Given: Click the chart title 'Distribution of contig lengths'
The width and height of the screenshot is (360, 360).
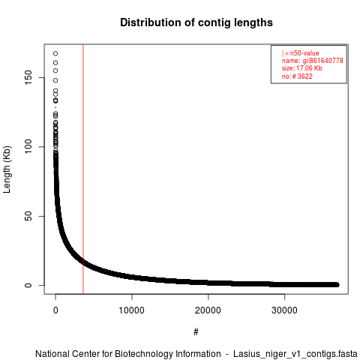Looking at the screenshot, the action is (196, 22).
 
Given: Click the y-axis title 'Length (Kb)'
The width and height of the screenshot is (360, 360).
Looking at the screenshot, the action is (7, 169).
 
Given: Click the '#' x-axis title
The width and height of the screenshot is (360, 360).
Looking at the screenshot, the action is (196, 331).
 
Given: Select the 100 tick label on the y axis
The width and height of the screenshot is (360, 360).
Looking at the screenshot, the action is (28, 147).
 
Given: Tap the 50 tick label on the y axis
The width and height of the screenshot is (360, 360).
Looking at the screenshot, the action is (28, 216).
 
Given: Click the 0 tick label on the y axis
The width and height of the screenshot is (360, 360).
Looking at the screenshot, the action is (28, 285).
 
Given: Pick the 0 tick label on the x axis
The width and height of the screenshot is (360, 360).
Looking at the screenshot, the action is (55, 310).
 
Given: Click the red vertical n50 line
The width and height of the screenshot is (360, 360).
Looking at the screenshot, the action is (83, 169).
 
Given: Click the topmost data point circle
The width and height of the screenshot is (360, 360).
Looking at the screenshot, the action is (55, 53).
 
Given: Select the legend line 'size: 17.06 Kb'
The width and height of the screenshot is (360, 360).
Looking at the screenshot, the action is (302, 68).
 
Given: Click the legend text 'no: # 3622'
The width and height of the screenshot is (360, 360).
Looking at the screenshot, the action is (297, 76).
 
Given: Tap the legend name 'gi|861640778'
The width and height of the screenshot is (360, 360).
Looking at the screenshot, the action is (323, 61).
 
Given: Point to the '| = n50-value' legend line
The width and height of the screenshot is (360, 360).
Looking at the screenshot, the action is (301, 53).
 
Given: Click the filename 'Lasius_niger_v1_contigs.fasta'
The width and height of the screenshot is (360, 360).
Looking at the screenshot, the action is (295, 354).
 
